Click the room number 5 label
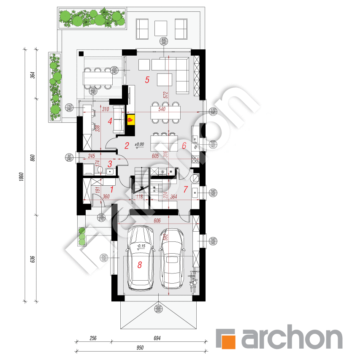click(147, 79)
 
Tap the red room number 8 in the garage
click(139, 265)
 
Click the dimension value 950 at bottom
click(141, 348)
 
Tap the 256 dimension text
click(93, 338)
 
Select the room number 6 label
click(184, 146)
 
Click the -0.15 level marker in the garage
click(141, 246)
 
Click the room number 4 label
click(110, 122)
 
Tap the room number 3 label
click(110, 164)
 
